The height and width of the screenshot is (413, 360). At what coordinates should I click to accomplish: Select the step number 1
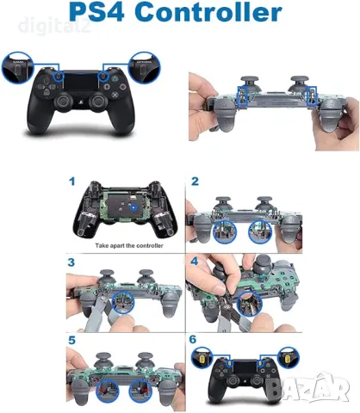point(73,182)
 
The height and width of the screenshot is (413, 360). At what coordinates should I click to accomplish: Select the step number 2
point(195,182)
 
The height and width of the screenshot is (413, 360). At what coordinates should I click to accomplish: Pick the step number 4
point(195,260)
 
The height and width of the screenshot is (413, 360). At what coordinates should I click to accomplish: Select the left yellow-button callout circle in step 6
point(204,356)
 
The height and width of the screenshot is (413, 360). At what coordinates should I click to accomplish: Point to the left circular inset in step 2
point(227,230)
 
